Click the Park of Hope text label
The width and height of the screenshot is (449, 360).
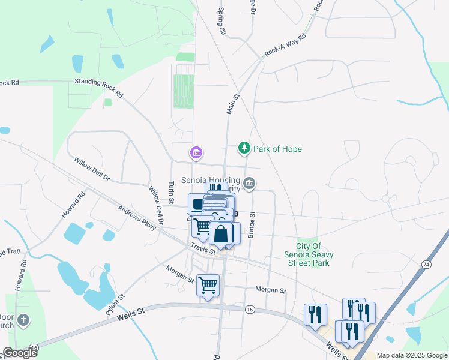pyautogui.click(x=277, y=149)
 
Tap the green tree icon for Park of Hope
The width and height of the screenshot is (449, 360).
pyautogui.click(x=244, y=148)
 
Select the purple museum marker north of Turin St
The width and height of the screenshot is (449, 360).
pyautogui.click(x=196, y=154)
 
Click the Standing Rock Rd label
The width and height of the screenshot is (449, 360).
pyautogui.click(x=98, y=88)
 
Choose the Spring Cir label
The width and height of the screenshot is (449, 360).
pyautogui.click(x=221, y=20)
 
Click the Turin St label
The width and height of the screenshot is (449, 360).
pyautogui.click(x=172, y=191)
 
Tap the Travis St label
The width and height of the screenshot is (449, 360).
pyautogui.click(x=203, y=249)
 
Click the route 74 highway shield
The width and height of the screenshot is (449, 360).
pyautogui.click(x=426, y=264)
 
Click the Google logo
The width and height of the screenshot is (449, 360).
pyautogui.click(x=20, y=353)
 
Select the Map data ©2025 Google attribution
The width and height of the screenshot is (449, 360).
pyautogui.click(x=412, y=355)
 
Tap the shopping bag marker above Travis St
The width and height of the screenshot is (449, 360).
pyautogui.click(x=220, y=234)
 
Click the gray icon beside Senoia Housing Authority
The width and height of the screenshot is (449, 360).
pyautogui.click(x=250, y=182)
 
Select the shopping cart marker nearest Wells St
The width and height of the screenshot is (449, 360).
pyautogui.click(x=208, y=286)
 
